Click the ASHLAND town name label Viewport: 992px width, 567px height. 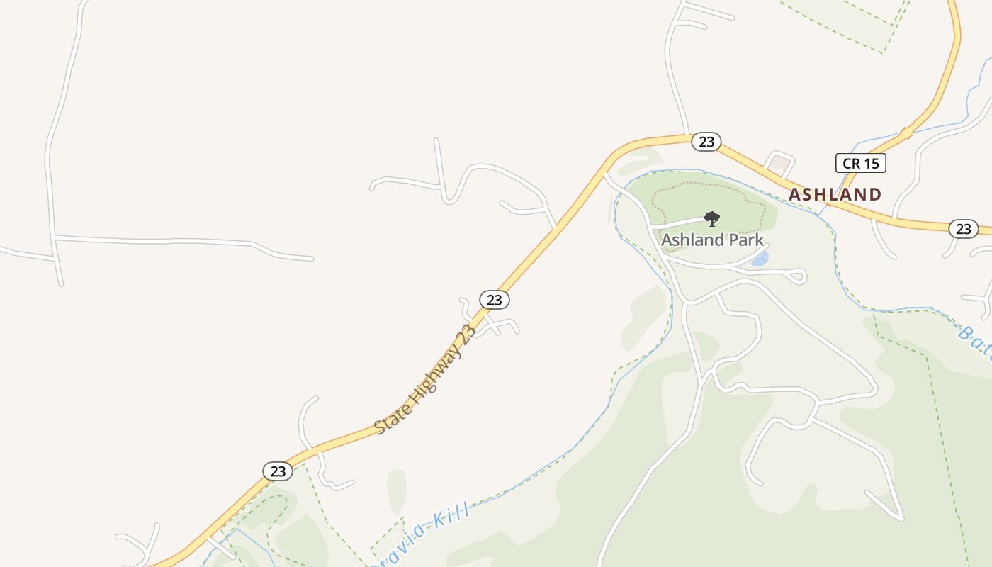pyautogui.click(x=835, y=194)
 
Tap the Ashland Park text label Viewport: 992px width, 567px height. pyautogui.click(x=712, y=240)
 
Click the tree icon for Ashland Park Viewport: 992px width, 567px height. pyautogui.click(x=712, y=218)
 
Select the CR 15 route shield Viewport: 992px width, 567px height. pyautogui.click(x=861, y=164)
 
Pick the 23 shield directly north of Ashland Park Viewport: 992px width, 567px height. pyautogui.click(x=706, y=142)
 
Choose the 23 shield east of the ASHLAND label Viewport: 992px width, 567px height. pyautogui.click(x=963, y=228)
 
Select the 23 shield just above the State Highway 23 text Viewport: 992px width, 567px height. pyautogui.click(x=495, y=300)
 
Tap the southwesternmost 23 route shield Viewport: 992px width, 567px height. pyautogui.click(x=278, y=471)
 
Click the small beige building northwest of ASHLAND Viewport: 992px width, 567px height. pyautogui.click(x=779, y=164)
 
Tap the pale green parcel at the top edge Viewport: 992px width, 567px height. pyautogui.click(x=843, y=18)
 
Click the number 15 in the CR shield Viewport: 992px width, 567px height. pyautogui.click(x=871, y=164)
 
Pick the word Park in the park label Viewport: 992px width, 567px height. pyautogui.click(x=746, y=240)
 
